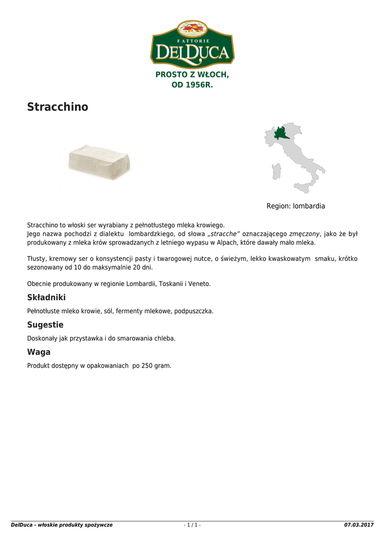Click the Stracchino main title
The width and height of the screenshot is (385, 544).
57,107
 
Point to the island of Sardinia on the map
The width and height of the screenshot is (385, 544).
276,171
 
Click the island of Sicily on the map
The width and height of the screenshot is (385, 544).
303,187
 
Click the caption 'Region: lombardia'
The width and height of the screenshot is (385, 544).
295,206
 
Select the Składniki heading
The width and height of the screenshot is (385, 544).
46,297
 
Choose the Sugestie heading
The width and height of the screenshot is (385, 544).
45,325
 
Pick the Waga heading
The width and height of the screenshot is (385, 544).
39,352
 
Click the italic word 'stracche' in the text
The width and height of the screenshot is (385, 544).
224,234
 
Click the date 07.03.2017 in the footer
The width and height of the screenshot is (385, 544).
359,525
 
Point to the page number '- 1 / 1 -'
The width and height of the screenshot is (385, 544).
192,525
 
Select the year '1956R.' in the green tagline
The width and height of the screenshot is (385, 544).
199,85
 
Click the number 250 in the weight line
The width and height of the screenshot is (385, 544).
147,365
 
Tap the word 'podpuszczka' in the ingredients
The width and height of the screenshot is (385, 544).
194,311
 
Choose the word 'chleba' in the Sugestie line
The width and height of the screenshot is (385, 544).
166,338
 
